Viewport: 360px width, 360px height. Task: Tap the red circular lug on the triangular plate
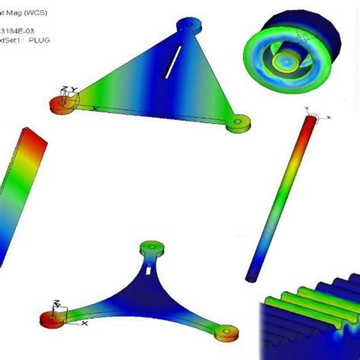tap(59, 103)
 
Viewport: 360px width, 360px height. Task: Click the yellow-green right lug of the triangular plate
tap(241, 122)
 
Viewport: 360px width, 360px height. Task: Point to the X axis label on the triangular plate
tap(94, 109)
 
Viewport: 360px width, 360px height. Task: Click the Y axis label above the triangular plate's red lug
tap(74, 90)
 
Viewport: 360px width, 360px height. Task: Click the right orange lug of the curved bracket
tap(224, 332)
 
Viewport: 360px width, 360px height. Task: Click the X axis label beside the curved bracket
tap(84, 324)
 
